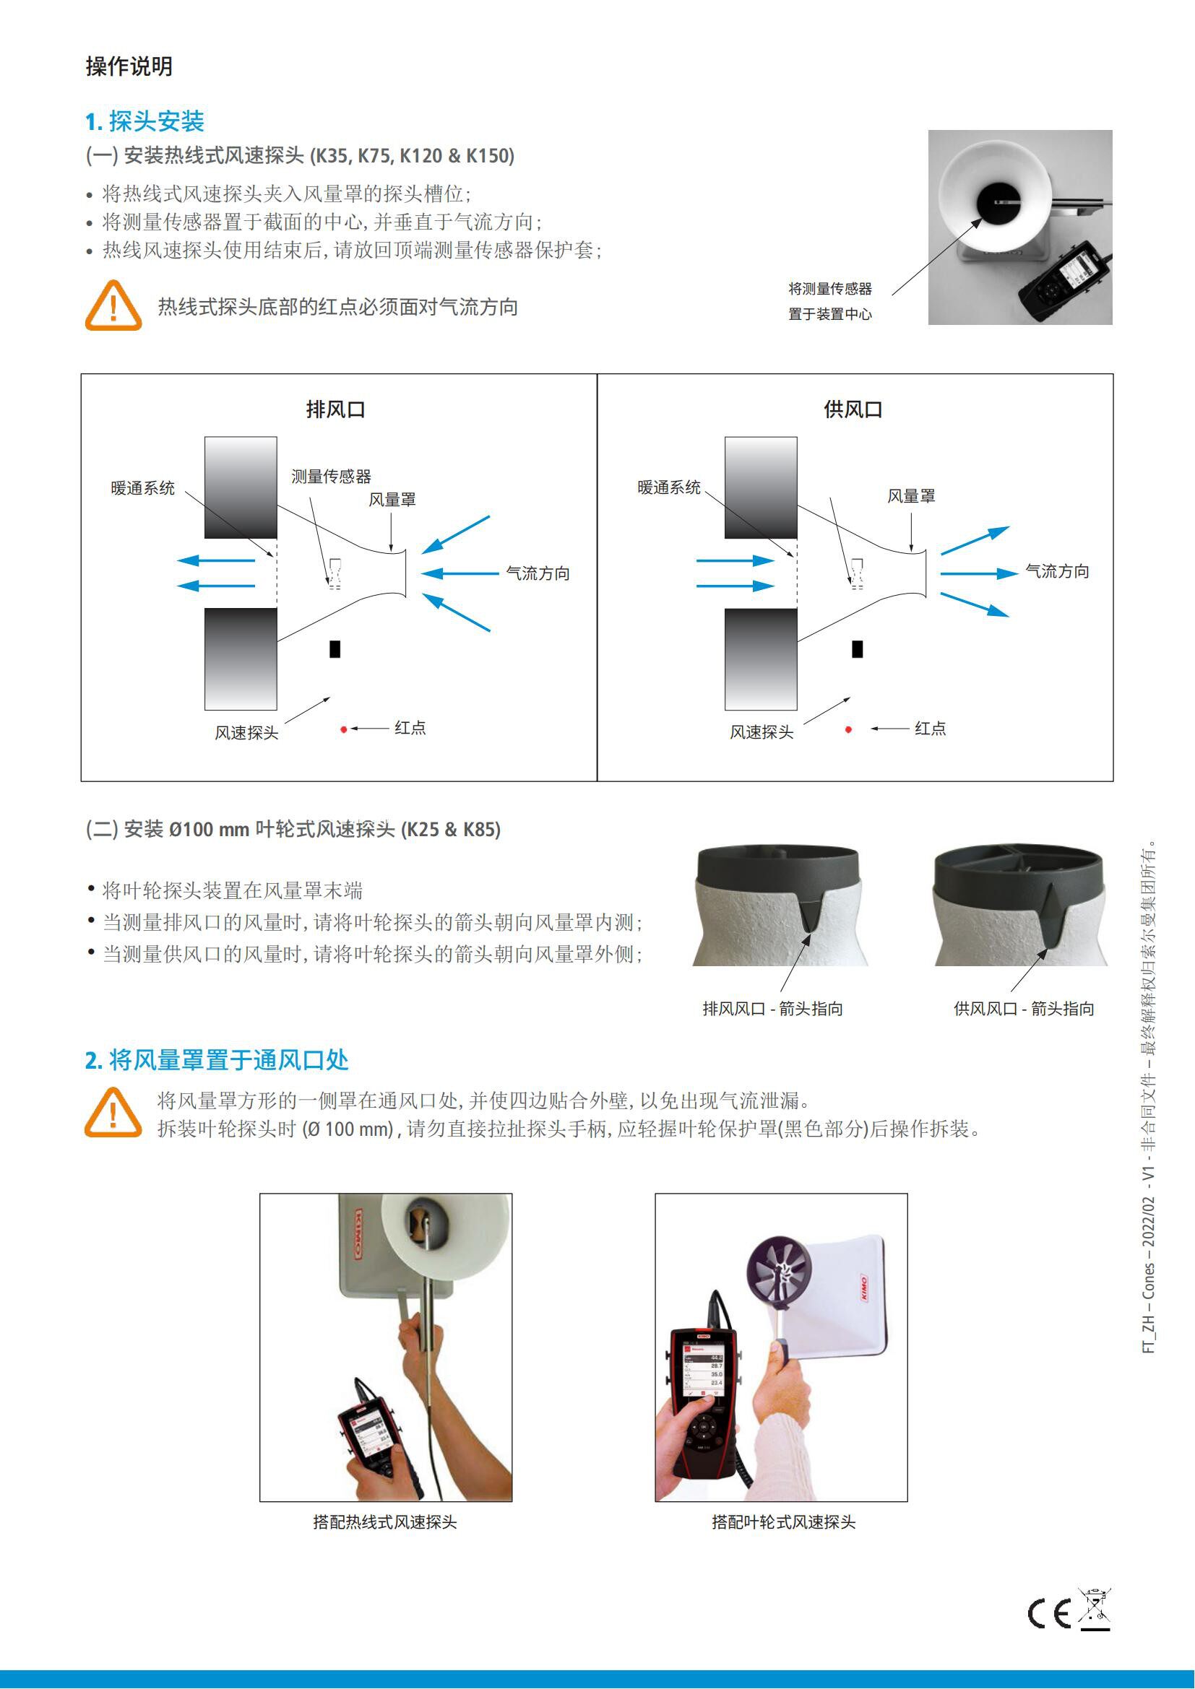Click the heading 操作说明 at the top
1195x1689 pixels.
click(x=129, y=66)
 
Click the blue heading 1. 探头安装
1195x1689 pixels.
click(x=145, y=121)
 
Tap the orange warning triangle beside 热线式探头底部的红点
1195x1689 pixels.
click(x=113, y=305)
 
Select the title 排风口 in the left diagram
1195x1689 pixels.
click(x=335, y=409)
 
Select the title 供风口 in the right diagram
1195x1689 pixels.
click(x=853, y=409)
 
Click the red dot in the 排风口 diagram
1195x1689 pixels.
click(x=344, y=730)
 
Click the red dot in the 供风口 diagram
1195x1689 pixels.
click(x=848, y=730)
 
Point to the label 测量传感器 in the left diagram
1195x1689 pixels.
click(x=331, y=477)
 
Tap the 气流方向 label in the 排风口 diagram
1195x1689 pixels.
click(x=538, y=573)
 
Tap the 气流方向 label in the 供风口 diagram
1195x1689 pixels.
click(x=1058, y=571)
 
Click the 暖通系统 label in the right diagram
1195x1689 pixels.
click(x=669, y=487)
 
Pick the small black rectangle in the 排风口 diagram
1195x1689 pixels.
click(x=335, y=649)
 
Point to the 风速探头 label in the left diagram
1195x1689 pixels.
click(x=246, y=733)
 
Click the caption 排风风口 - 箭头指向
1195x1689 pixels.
click(x=772, y=1009)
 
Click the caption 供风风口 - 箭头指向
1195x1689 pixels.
click(x=1024, y=1009)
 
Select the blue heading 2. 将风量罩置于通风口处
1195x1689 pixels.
click(x=217, y=1060)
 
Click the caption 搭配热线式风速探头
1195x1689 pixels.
click(x=385, y=1522)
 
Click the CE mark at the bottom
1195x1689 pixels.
click(x=1049, y=1614)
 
